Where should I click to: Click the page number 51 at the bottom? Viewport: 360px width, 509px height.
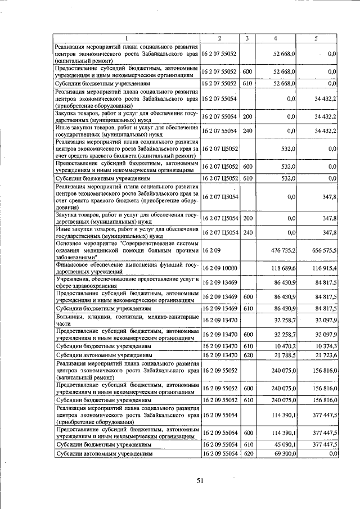click(x=200, y=480)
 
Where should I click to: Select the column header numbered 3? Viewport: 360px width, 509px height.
click(x=247, y=38)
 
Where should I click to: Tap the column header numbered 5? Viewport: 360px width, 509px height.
click(x=316, y=38)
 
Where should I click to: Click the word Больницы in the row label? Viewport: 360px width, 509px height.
click(x=70, y=317)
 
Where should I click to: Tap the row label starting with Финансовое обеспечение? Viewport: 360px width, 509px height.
click(x=126, y=268)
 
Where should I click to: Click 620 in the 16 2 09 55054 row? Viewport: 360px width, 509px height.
click(x=247, y=453)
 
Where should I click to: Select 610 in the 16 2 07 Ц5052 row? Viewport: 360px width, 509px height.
click(x=247, y=178)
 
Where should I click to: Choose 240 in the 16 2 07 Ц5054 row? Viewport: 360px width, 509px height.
click(x=247, y=233)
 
